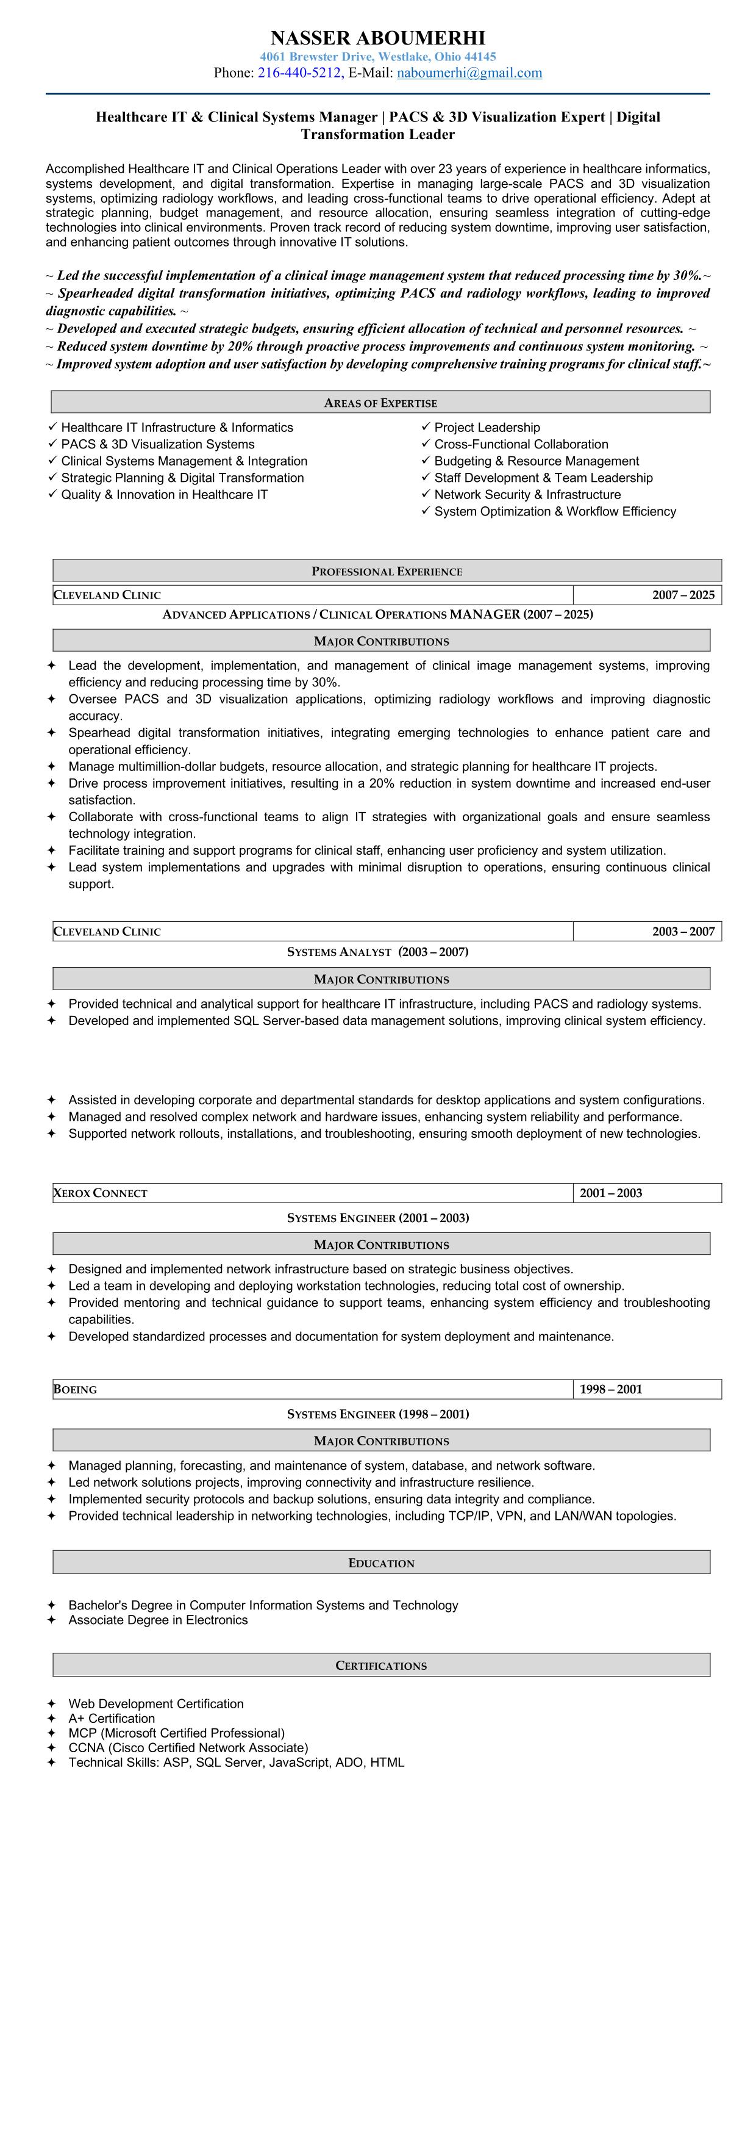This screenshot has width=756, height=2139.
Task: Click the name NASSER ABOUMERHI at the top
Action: [x=377, y=38]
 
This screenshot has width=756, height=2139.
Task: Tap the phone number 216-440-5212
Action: [x=299, y=73]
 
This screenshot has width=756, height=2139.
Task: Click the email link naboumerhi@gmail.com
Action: [x=469, y=73]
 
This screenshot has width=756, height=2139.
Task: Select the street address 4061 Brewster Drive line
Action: [x=377, y=57]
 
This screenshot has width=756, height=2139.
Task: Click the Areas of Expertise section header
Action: [x=380, y=403]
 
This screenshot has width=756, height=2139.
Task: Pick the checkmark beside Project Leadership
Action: [x=426, y=427]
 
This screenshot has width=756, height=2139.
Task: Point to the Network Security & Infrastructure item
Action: [x=527, y=494]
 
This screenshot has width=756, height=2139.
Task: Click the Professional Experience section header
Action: [x=387, y=571]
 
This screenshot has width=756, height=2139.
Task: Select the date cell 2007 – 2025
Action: [x=682, y=594]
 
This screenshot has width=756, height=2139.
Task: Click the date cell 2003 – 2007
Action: [x=682, y=931]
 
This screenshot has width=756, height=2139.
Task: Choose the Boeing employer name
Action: [x=76, y=1389]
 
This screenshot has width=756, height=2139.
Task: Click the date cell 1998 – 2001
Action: [x=611, y=1389]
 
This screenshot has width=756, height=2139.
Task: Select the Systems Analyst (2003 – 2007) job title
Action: [x=377, y=952]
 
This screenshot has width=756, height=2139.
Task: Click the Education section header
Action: [x=381, y=1562]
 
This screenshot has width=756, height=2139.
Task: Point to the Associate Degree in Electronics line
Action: [x=158, y=1620]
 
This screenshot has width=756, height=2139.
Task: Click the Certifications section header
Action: [x=381, y=1666]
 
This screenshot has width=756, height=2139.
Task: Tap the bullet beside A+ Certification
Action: [x=51, y=1718]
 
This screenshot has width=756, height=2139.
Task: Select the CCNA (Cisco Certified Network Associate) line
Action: [x=188, y=1747]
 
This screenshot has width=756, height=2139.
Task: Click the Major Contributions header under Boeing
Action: [x=381, y=1440]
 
